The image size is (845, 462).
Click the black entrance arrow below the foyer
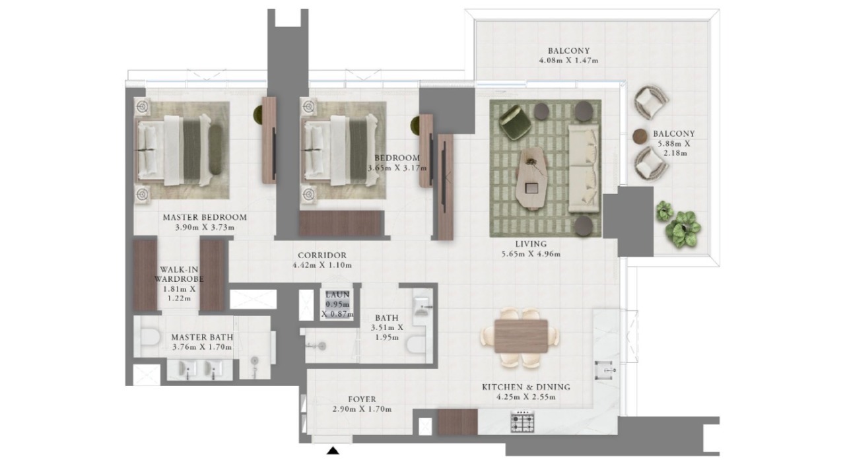[x=333, y=450]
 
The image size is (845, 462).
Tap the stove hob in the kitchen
[x=522, y=421]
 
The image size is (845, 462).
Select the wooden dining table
[x=521, y=336]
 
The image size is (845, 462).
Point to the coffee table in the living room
[x=531, y=178]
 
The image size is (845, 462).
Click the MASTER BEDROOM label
[x=205, y=218]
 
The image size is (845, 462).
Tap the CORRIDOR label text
[x=321, y=255]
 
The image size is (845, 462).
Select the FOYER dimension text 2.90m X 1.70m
[x=362, y=409]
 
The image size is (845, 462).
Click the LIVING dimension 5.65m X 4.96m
[x=531, y=254]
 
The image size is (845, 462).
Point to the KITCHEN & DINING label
[x=526, y=387]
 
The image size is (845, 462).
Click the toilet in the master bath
[x=151, y=337]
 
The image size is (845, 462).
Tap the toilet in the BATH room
[x=417, y=344]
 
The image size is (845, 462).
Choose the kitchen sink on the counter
[x=606, y=370]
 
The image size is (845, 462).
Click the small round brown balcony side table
[x=640, y=136]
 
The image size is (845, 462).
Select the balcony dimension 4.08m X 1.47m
[x=568, y=60]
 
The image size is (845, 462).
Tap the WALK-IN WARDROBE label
[x=179, y=274]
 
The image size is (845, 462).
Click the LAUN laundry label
[x=337, y=294]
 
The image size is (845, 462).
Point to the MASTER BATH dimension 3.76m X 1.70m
[x=202, y=347]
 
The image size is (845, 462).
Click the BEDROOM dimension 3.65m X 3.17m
[x=397, y=168]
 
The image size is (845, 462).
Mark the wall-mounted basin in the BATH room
[x=421, y=305]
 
